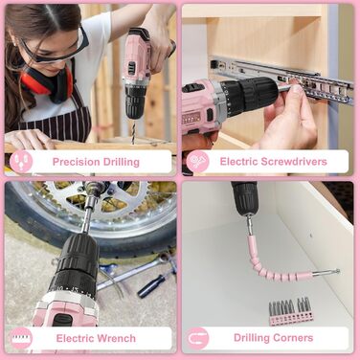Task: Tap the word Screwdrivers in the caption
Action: [294, 161]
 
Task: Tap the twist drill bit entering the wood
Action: [133, 132]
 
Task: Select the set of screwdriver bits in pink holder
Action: [290, 311]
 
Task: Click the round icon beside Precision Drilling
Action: [21, 162]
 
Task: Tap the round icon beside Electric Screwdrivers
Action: [197, 162]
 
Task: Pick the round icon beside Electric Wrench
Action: [21, 338]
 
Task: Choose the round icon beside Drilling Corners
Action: [197, 338]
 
